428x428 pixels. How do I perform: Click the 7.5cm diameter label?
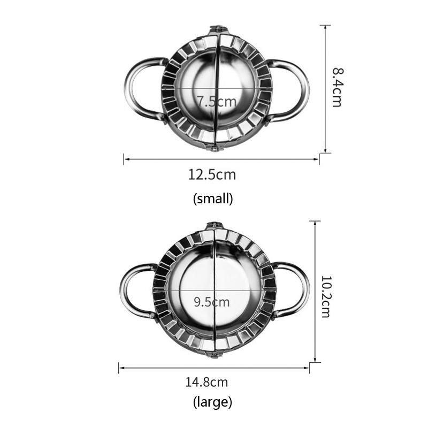pos(217,102)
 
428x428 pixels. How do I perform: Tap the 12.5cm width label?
pos(212,174)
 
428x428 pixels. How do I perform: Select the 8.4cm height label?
pos(338,87)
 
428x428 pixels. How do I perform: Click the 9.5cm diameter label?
pos(211,302)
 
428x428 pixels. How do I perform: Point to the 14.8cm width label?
pos(207,382)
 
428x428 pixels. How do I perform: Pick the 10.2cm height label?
pos(326,297)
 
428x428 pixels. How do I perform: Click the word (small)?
pos(213,198)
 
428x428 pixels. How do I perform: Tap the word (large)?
pos(212,402)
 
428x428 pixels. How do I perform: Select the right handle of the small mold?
pos(305,90)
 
